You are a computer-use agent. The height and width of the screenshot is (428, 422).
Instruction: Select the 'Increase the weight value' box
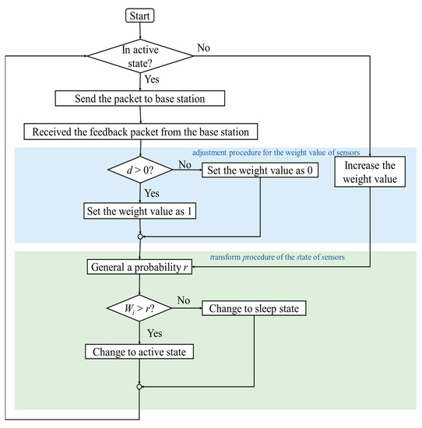[368, 172]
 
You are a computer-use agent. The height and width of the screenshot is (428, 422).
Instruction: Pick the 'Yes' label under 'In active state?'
[152, 79]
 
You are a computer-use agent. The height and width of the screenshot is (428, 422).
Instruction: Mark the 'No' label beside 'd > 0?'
[185, 165]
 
